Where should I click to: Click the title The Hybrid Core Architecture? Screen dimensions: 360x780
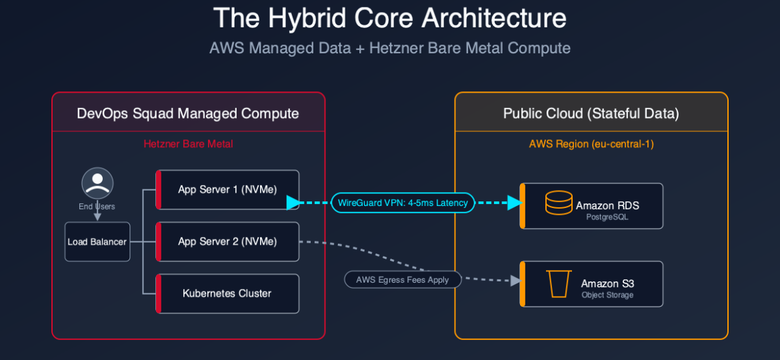(x=390, y=19)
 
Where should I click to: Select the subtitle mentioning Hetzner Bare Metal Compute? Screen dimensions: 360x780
(x=390, y=48)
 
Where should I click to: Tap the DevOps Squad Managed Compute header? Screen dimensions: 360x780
(x=188, y=113)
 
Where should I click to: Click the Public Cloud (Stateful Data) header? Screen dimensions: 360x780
(x=591, y=113)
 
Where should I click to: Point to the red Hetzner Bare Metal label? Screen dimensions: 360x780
(x=188, y=144)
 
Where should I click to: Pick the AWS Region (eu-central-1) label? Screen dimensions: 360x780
(x=591, y=144)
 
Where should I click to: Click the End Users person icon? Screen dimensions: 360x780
(x=97, y=183)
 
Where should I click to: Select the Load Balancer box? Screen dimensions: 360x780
(x=97, y=242)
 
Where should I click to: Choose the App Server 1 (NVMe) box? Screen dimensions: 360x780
(x=227, y=190)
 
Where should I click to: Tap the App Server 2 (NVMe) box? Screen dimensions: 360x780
(x=227, y=242)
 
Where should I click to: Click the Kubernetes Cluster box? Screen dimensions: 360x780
(x=227, y=293)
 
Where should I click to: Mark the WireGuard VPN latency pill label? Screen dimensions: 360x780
(x=403, y=203)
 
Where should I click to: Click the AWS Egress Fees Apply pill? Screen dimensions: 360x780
(x=403, y=280)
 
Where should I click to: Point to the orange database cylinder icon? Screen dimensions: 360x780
(x=559, y=203)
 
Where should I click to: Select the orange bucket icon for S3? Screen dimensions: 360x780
(x=559, y=284)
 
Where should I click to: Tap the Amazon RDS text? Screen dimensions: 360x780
(x=607, y=206)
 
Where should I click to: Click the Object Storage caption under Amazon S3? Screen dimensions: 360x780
(x=607, y=295)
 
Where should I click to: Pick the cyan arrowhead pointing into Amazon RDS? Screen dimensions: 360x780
(x=514, y=203)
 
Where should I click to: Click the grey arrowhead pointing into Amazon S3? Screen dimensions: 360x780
(x=515, y=281)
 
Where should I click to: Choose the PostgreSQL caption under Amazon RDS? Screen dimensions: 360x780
(x=607, y=217)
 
